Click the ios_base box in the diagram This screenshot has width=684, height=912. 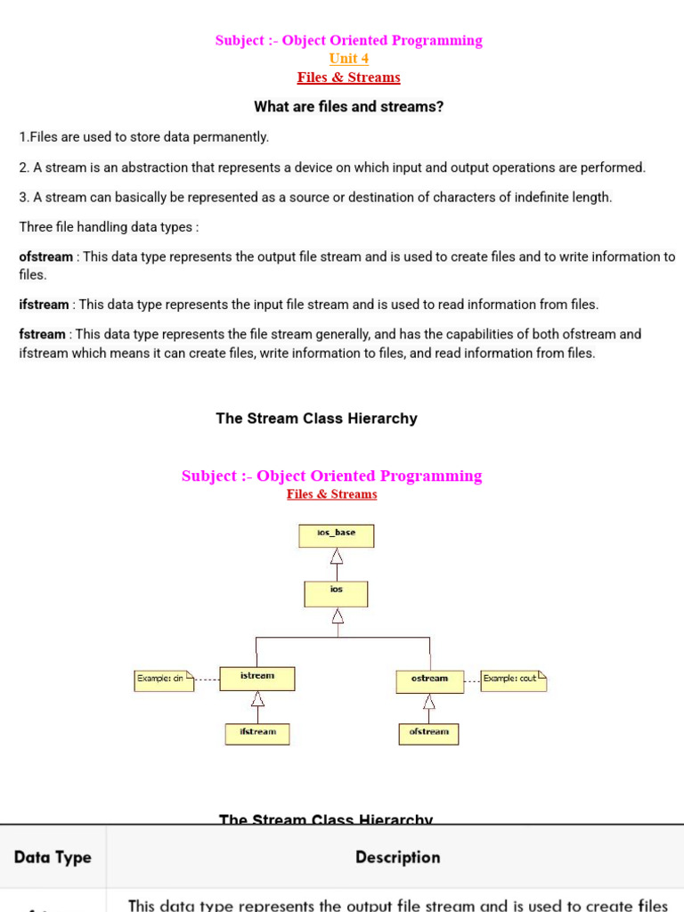click(x=337, y=535)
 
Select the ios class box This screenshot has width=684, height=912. click(x=336, y=594)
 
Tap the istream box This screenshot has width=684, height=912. click(x=257, y=679)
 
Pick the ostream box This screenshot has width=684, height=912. click(x=429, y=681)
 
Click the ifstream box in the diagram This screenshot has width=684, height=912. click(x=257, y=733)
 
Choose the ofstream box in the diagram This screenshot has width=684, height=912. click(x=428, y=734)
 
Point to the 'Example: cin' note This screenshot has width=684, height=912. click(x=163, y=680)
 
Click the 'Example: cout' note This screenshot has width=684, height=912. click(x=513, y=680)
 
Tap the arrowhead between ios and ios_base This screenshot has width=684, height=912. click(x=337, y=557)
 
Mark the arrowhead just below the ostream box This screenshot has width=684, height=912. click(x=429, y=702)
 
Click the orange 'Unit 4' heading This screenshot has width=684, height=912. click(x=349, y=59)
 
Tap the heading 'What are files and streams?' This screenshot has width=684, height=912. click(x=349, y=107)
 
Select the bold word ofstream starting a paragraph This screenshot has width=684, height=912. click(x=46, y=257)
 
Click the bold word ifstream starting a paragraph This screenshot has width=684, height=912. click(x=44, y=305)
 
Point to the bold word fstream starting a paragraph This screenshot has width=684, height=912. click(x=42, y=335)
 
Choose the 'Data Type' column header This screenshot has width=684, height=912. click(x=53, y=858)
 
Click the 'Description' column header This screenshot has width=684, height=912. click(x=397, y=858)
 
